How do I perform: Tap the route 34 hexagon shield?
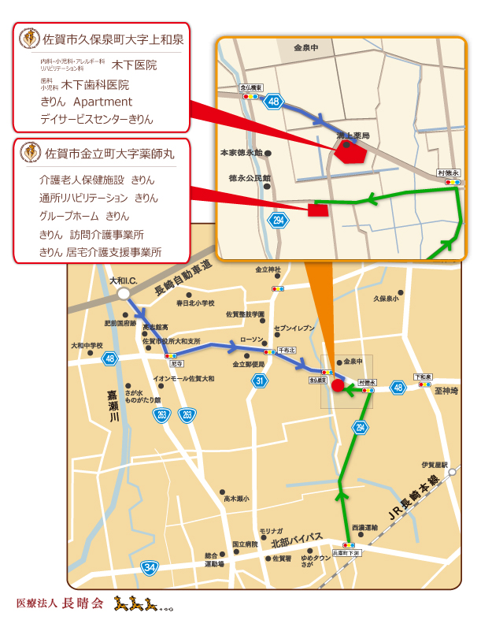150,566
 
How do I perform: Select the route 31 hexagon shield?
260,381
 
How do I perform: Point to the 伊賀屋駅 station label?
433,464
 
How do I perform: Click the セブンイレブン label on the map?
294,327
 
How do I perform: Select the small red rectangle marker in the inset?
317,210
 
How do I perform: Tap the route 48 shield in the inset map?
273,101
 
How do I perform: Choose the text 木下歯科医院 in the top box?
95,84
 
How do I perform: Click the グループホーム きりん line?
84,216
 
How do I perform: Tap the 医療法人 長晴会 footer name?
60,604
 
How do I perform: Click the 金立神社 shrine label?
268,270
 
